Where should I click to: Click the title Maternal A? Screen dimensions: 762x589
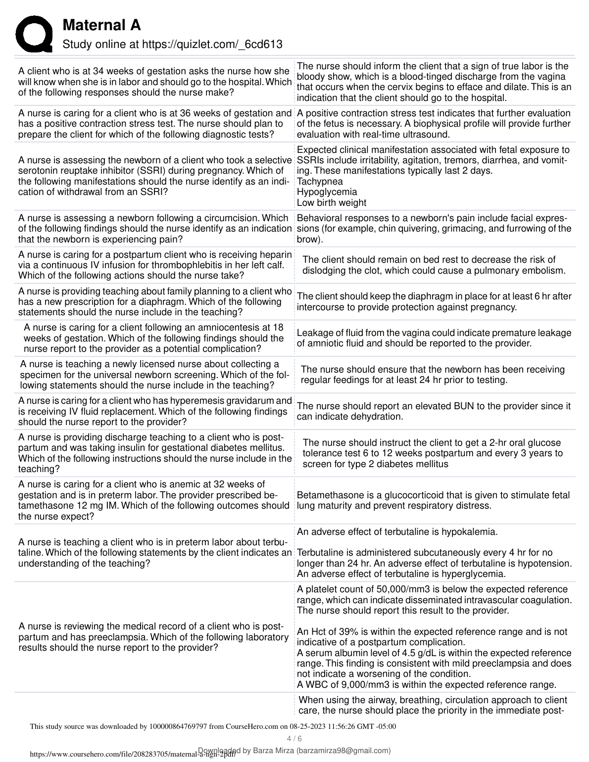pyautogui.click(x=102, y=25)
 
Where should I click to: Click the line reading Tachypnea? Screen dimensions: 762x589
pyautogui.click(x=320, y=181)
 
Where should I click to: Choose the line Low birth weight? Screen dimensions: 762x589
pyautogui.click(x=332, y=202)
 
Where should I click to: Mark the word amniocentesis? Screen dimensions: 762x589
pyautogui.click(x=229, y=327)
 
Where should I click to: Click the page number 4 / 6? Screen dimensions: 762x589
pyautogui.click(x=294, y=739)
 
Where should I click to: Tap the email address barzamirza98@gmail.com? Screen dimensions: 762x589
pyautogui.click(x=344, y=751)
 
